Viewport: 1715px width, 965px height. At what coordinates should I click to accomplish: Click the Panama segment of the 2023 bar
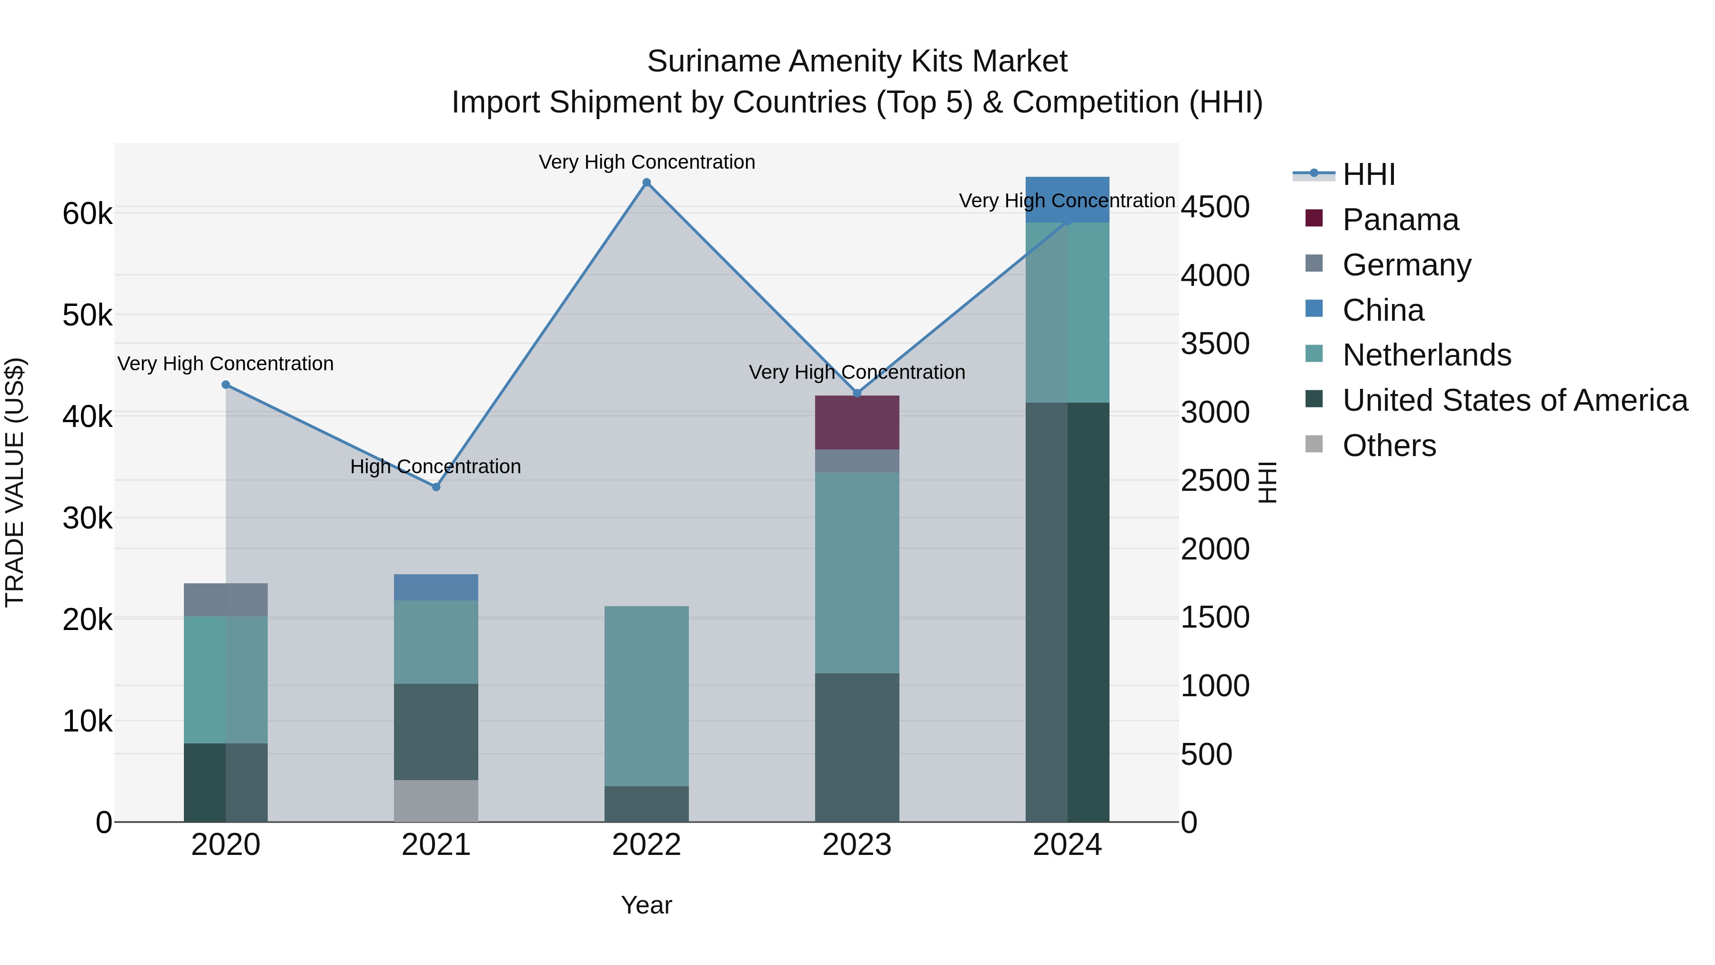pos(857,422)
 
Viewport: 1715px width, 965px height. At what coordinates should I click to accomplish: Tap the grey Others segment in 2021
pos(436,801)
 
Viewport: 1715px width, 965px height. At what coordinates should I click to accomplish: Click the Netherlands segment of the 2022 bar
pos(646,695)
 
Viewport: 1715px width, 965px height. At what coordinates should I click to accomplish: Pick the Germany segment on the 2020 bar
pos(226,599)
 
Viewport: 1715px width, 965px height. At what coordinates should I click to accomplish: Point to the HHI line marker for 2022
pos(646,183)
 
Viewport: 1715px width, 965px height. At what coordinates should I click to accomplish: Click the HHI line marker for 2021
pos(436,487)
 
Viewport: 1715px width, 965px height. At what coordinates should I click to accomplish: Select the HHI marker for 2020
pos(226,384)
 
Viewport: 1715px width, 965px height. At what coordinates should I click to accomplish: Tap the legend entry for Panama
pos(1400,220)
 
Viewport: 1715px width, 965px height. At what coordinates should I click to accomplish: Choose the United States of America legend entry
pos(1514,400)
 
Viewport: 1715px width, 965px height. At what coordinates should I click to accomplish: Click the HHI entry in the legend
pos(1369,174)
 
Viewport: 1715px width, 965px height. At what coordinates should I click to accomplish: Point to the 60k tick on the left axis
pos(87,214)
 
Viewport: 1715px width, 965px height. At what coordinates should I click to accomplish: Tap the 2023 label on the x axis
pos(857,845)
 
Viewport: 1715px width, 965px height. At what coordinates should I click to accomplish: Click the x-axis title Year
pos(646,905)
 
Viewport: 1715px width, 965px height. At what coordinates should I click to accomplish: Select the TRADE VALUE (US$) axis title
pos(15,482)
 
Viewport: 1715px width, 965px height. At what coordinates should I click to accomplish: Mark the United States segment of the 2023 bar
pos(857,747)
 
